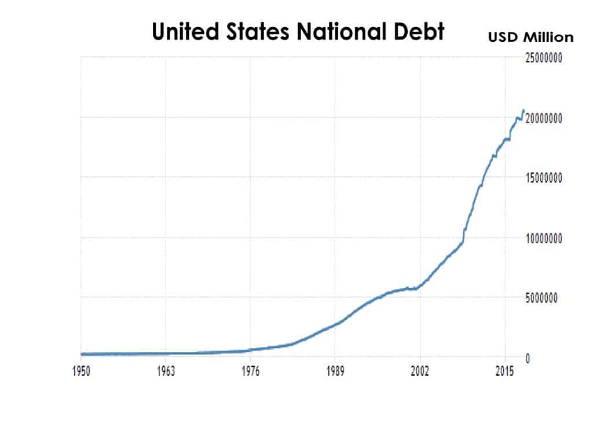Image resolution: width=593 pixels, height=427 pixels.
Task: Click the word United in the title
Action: coord(186,31)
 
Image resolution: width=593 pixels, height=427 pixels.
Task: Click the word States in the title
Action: coord(258,31)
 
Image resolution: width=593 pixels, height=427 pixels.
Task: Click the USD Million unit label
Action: coord(530,37)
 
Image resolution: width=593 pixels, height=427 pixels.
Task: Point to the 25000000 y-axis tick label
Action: coord(543,58)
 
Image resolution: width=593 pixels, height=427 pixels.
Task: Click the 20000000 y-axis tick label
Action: coord(543,118)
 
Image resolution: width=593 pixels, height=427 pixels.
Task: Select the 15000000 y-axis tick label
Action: coord(543,178)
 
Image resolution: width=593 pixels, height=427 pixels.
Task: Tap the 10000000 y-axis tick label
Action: coord(543,238)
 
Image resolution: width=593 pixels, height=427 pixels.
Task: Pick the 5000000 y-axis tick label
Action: coord(541,298)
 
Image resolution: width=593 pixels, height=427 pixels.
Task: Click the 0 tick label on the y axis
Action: coord(528,358)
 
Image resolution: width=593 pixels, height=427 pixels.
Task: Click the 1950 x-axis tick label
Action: coord(81,371)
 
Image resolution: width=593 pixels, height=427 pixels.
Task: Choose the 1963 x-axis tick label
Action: coord(166,371)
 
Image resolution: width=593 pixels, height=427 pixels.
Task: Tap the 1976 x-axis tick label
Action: coord(250,371)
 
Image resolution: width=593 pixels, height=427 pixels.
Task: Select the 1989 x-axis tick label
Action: coord(335,371)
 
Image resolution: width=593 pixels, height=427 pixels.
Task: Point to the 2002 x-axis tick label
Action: coord(420,371)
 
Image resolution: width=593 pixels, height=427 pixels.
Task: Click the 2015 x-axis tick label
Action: coord(505,371)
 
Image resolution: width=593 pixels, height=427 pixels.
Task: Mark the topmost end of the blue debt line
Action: coord(524,110)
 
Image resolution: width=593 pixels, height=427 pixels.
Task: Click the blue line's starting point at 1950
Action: coord(81,354)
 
